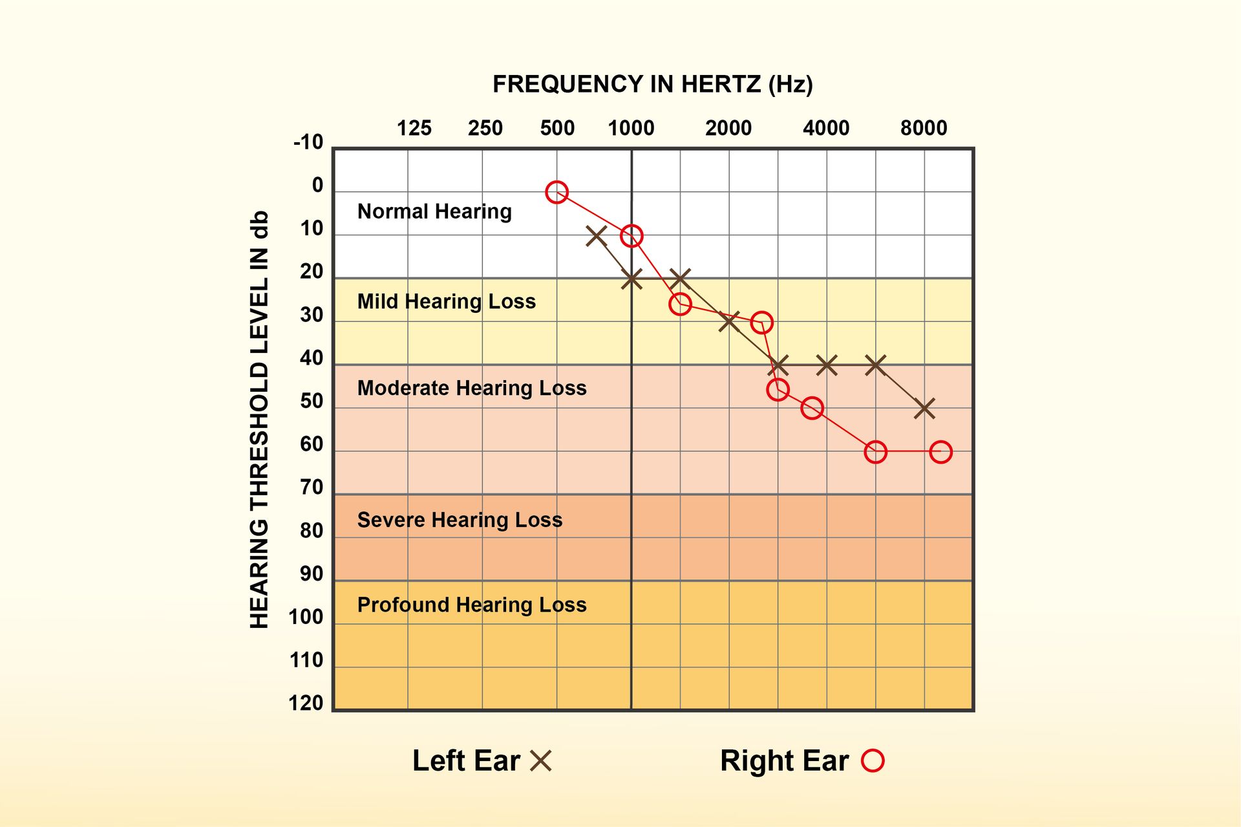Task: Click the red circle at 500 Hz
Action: pos(557,192)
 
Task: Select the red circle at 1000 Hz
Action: pos(631,236)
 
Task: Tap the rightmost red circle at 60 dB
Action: pos(940,452)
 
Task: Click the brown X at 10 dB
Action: pos(596,236)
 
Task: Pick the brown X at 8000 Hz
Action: pos(924,408)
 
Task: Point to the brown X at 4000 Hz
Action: pos(827,365)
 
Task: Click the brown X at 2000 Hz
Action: pos(729,321)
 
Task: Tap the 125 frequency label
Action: pos(414,128)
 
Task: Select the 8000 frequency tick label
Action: pos(924,128)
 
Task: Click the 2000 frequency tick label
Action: pos(728,128)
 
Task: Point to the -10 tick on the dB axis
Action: pos(308,142)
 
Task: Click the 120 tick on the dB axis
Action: pos(306,703)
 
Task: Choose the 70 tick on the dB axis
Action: pos(312,488)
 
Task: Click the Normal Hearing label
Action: pos(434,211)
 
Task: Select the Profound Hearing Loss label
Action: pos(472,605)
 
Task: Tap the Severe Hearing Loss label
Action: pos(460,520)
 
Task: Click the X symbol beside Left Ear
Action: pos(540,761)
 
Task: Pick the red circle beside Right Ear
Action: pos(873,760)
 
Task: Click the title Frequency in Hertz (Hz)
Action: pos(653,84)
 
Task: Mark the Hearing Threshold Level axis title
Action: pos(259,420)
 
